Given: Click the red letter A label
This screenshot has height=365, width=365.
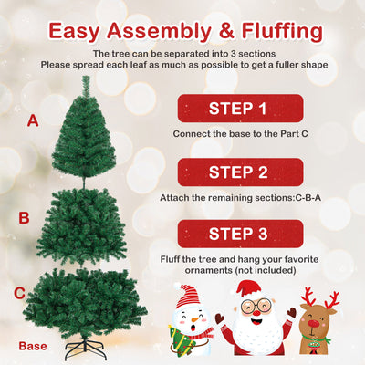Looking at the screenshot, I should pos(33,120).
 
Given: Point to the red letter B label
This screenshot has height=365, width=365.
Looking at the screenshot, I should pos(25,218).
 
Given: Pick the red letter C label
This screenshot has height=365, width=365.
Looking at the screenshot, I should pos(19,293).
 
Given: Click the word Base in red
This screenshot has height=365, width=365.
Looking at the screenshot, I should pos(33,346).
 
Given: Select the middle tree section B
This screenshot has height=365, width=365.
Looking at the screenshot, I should pos(85,224).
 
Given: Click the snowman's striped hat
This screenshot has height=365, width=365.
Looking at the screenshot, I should pos(187,295).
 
